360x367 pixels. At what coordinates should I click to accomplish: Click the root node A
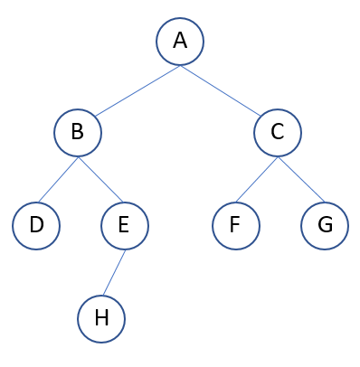click(x=179, y=42)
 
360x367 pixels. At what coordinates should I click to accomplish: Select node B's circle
click(x=78, y=133)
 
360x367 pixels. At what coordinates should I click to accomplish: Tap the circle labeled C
click(x=277, y=133)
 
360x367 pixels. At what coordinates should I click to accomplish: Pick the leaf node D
click(x=36, y=225)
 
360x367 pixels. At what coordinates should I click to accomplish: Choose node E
click(x=124, y=225)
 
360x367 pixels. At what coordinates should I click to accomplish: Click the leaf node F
click(x=235, y=225)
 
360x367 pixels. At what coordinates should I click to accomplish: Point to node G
click(x=324, y=225)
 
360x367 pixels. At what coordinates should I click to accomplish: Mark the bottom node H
click(x=101, y=319)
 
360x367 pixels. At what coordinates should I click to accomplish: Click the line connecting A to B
click(x=137, y=89)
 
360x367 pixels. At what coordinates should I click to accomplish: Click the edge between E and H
click(x=113, y=272)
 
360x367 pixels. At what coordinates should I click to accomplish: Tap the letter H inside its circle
click(x=101, y=319)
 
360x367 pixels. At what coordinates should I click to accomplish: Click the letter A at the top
click(x=179, y=42)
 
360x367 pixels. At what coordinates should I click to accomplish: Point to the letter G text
click(x=324, y=225)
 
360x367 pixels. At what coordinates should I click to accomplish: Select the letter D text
click(x=36, y=225)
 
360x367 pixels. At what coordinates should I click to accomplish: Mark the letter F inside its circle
click(x=235, y=225)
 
